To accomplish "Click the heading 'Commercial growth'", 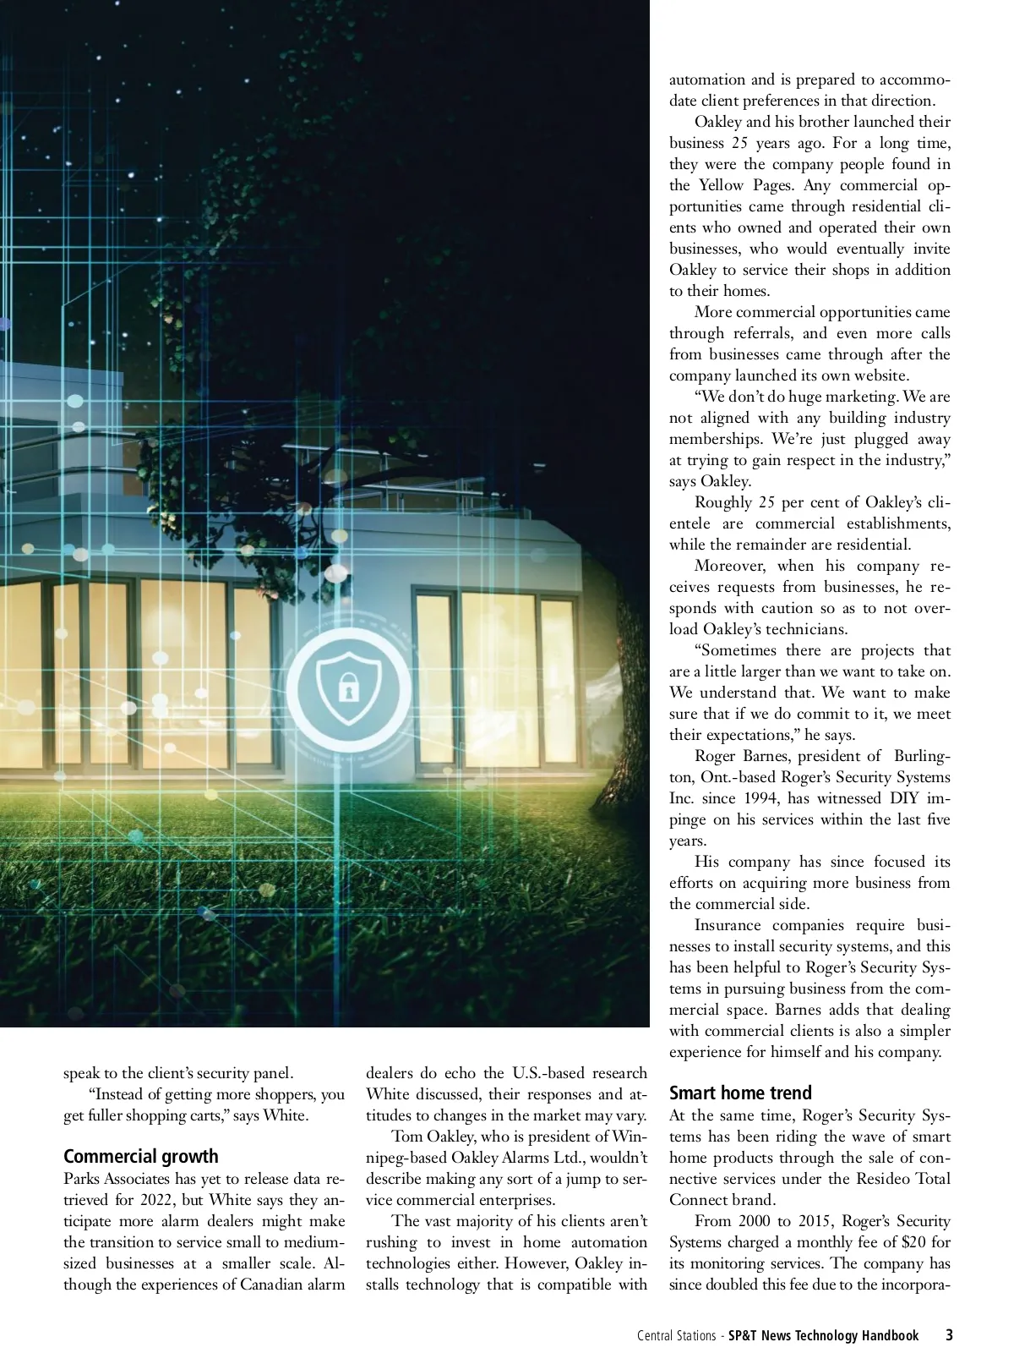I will point(140,1156).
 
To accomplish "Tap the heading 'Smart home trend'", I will point(740,1093).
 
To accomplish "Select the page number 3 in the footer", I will point(949,1335).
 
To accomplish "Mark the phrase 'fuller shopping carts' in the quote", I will point(157,1115).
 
